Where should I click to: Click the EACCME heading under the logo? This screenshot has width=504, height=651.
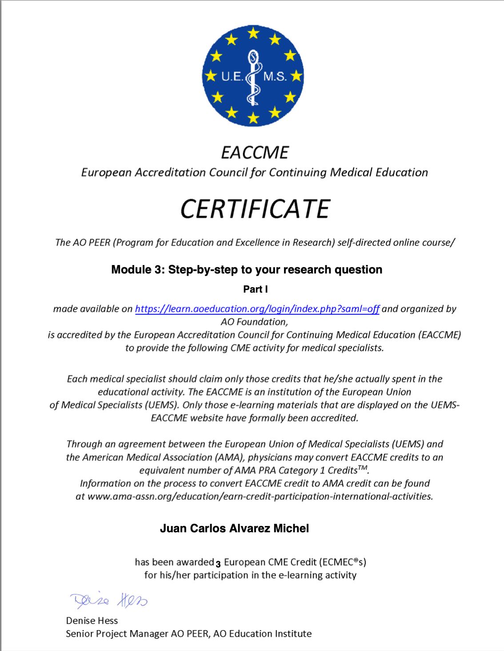(x=255, y=153)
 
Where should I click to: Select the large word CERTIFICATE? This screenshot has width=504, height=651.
(x=255, y=209)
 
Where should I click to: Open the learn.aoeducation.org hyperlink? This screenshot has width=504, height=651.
(x=257, y=309)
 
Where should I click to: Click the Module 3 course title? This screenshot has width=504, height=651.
(x=247, y=269)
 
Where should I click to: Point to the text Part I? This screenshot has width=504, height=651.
(x=255, y=289)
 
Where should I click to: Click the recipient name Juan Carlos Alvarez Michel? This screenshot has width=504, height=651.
(x=234, y=528)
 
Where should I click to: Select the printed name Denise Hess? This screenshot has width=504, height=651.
(x=92, y=620)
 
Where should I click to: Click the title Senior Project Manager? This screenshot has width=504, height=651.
(x=117, y=634)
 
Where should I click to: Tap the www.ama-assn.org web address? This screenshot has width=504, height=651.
(x=260, y=496)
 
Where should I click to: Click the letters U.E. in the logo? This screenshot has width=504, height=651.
(x=232, y=76)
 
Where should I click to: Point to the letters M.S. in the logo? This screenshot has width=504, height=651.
(x=275, y=76)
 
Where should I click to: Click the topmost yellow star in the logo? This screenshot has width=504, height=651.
(x=253, y=32)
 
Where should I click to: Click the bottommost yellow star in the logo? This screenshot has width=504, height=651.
(x=253, y=117)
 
